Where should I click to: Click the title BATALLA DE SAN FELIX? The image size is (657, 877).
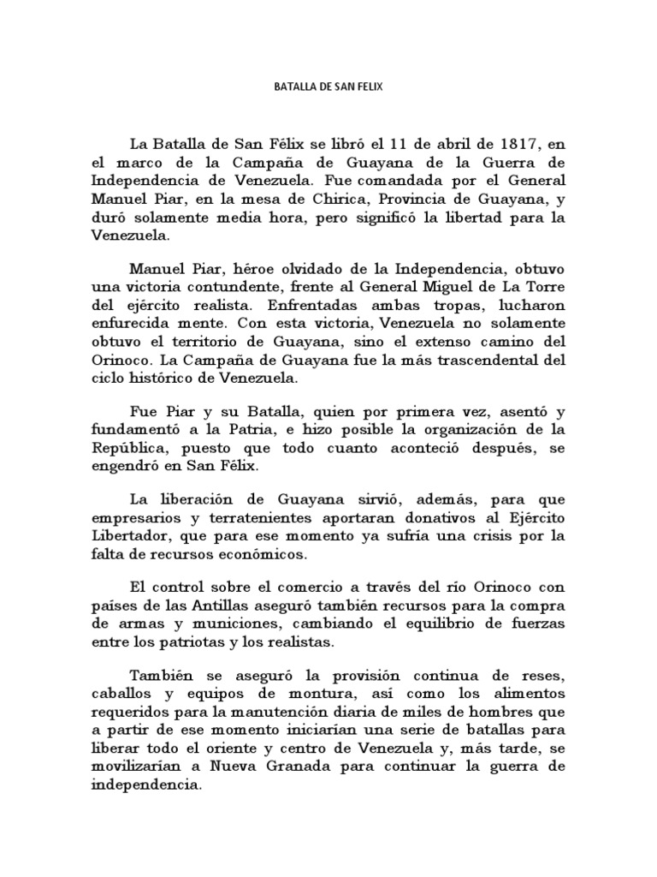[328, 87]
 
